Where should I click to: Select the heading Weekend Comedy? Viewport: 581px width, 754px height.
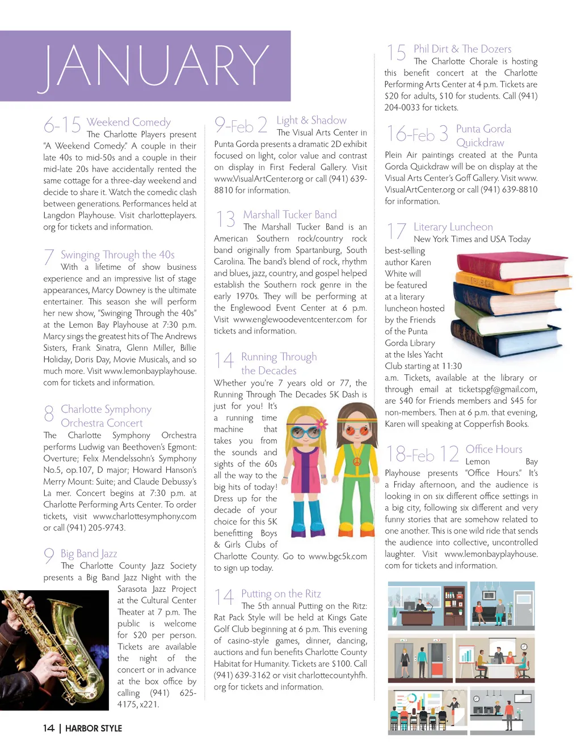[x=128, y=122]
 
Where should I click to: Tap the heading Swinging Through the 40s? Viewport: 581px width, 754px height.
[x=117, y=255]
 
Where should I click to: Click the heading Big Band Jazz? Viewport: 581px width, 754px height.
[x=89, y=553]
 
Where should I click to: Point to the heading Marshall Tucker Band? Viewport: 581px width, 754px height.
[x=289, y=214]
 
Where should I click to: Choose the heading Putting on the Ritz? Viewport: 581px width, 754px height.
[x=281, y=594]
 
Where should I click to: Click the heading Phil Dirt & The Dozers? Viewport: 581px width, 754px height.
[x=462, y=49]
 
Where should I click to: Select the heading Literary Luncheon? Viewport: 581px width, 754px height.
[x=453, y=227]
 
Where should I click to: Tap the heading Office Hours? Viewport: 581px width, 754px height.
[x=494, y=449]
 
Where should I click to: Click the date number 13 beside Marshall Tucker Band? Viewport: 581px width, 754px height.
[x=225, y=219]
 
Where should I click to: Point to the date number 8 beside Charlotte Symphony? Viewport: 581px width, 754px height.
[x=49, y=414]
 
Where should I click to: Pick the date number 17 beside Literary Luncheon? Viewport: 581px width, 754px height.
[x=396, y=231]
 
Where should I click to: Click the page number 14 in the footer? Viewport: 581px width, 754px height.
[x=49, y=728]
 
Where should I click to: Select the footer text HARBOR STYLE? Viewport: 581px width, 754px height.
[x=94, y=728]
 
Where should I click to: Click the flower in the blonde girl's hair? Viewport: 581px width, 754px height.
[x=321, y=423]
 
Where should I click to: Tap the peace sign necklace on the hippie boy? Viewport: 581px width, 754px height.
[x=357, y=461]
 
